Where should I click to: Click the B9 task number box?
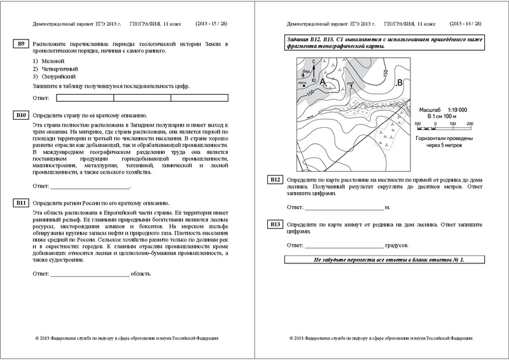(21, 43)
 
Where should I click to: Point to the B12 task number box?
(274, 180)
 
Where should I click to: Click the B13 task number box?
(274, 225)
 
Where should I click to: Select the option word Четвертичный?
(57, 69)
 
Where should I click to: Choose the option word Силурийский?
(55, 76)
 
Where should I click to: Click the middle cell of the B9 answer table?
(142, 97)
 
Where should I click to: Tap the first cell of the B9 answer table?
(85, 97)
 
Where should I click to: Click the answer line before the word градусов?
(344, 245)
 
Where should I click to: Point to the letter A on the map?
(322, 82)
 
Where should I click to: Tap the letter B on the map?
(399, 83)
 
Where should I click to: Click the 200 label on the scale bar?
(469, 123)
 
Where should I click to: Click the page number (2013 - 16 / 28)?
(464, 24)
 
